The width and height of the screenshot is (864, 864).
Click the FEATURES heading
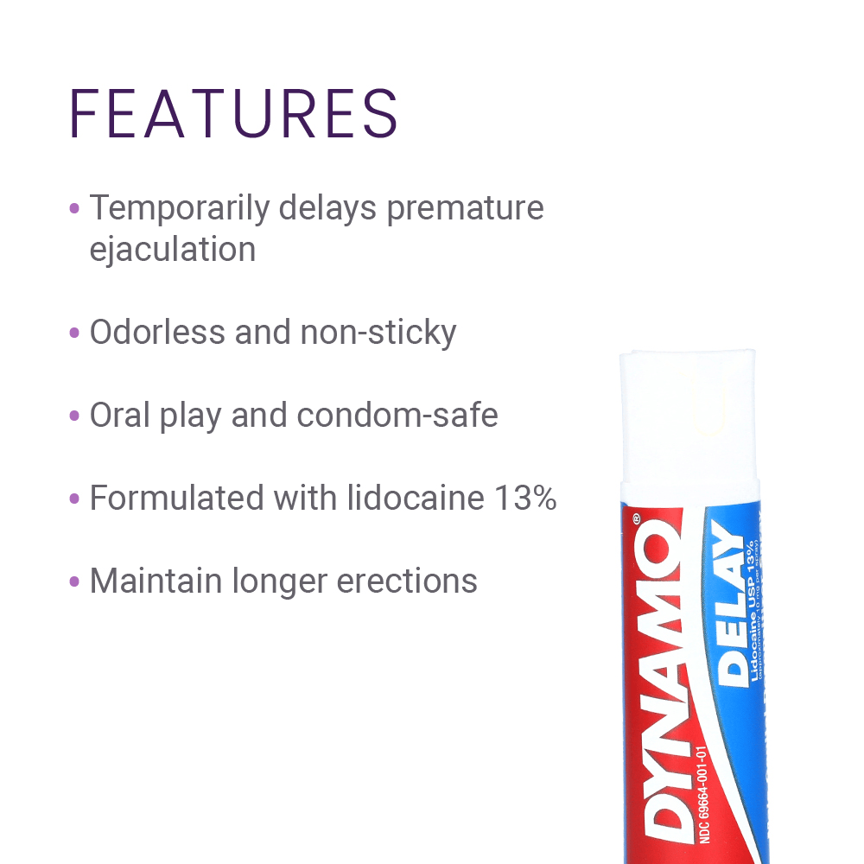[x=233, y=113]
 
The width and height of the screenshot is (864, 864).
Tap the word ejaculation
[x=173, y=250]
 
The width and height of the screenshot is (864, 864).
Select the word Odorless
[x=155, y=332]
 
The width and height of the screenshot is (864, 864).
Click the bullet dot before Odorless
[x=74, y=334]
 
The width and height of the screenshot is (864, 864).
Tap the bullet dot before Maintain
[x=74, y=582]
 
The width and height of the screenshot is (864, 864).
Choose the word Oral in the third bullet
[x=120, y=416]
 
